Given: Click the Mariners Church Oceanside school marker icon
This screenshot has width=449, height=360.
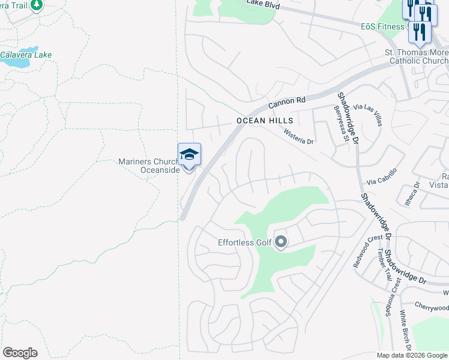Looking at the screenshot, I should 189,155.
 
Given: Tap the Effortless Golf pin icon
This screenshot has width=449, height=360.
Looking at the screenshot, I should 281,242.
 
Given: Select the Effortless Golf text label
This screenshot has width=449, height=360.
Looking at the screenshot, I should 245,243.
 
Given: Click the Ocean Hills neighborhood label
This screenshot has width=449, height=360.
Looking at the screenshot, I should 265,121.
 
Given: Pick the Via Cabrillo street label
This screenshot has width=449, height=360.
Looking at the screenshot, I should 382,181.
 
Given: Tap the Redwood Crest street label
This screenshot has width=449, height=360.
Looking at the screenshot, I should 367,251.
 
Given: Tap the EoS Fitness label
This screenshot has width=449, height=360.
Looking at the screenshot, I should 383,26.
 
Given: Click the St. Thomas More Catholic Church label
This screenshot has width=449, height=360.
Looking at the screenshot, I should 416,57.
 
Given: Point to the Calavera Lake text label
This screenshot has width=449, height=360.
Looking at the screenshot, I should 26,55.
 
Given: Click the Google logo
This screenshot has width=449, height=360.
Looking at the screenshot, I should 20,353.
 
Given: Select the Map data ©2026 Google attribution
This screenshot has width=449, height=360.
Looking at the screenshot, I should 412,355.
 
